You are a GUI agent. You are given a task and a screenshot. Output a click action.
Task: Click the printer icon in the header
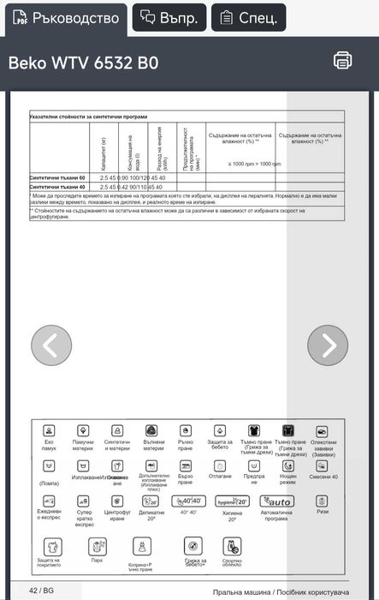coord(342,60)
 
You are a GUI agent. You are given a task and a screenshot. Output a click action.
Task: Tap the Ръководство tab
coord(64,17)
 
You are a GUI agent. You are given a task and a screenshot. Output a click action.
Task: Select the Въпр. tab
coord(169,17)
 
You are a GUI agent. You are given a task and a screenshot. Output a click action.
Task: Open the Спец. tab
coord(248,17)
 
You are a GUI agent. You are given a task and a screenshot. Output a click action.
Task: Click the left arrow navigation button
coord(51,345)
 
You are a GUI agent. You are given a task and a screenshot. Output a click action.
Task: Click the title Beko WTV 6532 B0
coord(83,63)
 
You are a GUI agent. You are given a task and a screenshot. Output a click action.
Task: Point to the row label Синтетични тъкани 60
coord(58,177)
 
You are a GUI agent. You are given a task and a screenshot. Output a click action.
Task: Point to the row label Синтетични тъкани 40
coord(58,186)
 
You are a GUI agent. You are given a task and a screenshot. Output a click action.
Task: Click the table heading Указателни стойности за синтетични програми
coord(88,116)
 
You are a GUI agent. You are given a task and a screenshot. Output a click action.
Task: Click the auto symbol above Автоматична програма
coord(277,501)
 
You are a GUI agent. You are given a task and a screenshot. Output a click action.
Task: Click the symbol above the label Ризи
coord(322,501)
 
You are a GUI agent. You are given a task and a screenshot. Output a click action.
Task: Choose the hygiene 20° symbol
coord(232,501)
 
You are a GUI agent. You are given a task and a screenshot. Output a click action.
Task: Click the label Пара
coord(97,560)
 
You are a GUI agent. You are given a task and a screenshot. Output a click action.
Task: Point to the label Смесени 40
coord(323,477)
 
